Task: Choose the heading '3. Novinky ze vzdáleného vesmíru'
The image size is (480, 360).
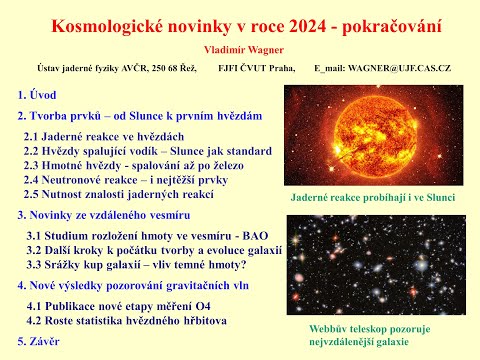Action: [x=116, y=214]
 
